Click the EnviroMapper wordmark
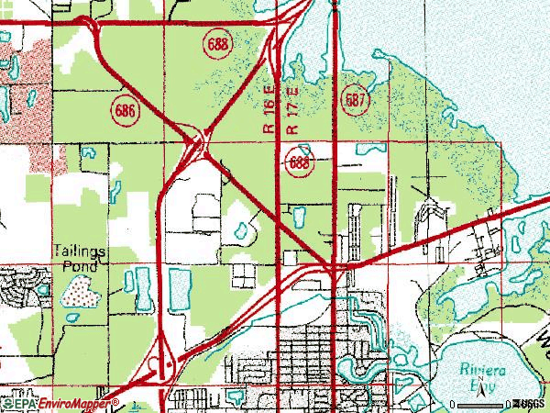click(72, 402)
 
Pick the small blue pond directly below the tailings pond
click(71, 317)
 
